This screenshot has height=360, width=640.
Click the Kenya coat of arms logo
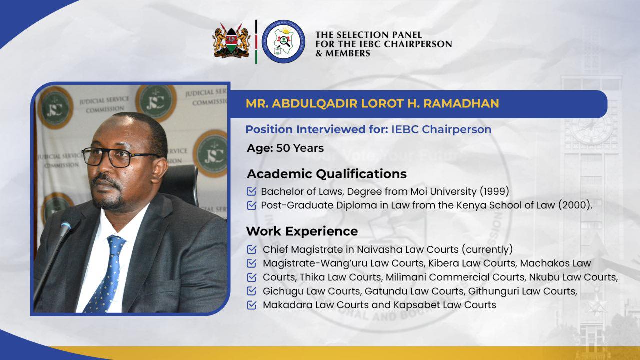(231, 41)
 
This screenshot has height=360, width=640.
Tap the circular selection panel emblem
(283, 41)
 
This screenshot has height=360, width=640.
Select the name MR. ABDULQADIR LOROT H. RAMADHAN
(372, 103)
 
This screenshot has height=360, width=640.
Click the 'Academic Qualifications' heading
(326, 174)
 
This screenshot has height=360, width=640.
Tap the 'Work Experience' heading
(302, 231)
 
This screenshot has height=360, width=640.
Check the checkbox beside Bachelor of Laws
(252, 191)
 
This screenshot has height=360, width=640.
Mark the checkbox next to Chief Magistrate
(252, 249)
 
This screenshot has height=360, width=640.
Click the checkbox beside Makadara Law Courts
(252, 305)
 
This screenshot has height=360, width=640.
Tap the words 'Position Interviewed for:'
(306, 130)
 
